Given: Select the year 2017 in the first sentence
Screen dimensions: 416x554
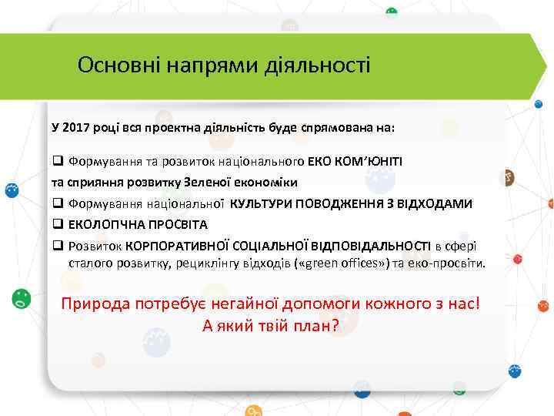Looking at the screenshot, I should click(x=75, y=126).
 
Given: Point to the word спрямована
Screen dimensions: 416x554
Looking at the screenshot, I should click(x=339, y=126).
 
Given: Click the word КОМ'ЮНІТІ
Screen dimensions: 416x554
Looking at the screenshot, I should click(x=372, y=162).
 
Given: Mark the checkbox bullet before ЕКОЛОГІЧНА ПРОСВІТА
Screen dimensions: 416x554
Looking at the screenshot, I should click(x=57, y=225).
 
